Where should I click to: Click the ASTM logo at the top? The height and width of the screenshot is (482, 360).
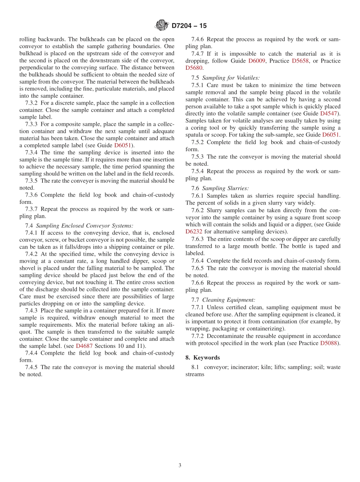(162, 25)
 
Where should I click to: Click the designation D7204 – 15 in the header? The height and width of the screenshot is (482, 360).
(189, 26)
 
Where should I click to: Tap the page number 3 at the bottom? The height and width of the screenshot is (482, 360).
(180, 465)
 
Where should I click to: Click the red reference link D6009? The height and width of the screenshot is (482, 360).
(257, 61)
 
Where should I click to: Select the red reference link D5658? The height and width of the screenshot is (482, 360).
(300, 61)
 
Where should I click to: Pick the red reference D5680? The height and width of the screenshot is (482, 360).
(194, 68)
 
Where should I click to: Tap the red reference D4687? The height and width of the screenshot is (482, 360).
(84, 346)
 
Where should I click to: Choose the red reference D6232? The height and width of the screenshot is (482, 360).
(194, 232)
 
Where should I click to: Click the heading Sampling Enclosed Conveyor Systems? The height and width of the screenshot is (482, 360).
(85, 225)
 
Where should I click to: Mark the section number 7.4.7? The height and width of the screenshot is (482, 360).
(199, 53)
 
